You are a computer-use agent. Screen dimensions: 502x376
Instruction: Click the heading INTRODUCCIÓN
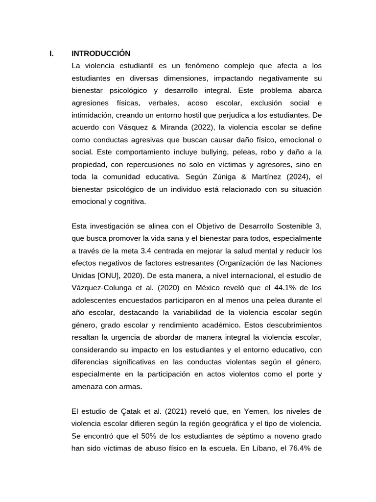pos(101,53)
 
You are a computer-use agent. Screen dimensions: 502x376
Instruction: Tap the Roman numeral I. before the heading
pos(51,53)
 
